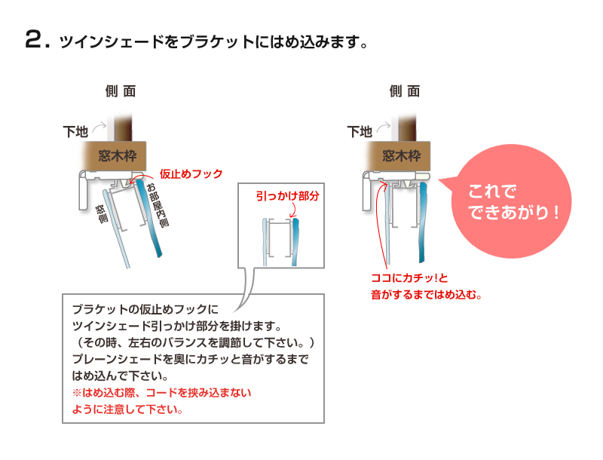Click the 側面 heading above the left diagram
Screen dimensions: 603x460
(121, 91)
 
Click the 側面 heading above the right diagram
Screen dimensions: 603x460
(404, 91)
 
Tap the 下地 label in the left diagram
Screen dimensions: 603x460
(76, 131)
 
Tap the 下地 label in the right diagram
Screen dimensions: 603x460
(360, 131)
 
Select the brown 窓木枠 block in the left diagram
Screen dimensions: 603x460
(115, 156)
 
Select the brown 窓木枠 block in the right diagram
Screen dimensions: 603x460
(399, 156)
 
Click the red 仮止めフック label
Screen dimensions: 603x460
(191, 174)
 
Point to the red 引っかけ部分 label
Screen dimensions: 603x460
(288, 196)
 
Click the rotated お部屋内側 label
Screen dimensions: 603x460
(158, 205)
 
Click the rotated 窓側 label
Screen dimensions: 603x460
(102, 214)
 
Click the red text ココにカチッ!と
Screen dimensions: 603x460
(409, 278)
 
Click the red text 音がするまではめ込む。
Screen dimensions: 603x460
(426, 295)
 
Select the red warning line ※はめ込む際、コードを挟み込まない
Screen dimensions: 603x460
(161, 393)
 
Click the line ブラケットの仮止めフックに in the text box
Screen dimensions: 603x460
(145, 309)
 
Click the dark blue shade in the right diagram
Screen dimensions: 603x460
(422, 222)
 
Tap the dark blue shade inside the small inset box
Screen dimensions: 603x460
(295, 242)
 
